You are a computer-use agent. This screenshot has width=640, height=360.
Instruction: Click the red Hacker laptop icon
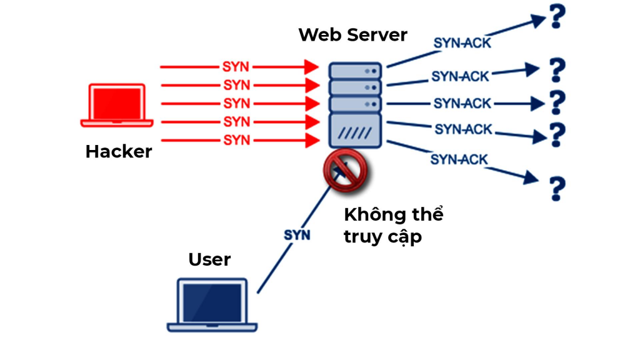[117, 106]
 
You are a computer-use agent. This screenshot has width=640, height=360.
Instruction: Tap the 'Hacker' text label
[119, 151]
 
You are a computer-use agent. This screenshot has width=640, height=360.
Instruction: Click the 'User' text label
[209, 259]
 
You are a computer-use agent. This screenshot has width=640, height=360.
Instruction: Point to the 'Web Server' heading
[352, 34]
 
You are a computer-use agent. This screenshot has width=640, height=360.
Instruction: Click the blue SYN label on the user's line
[297, 235]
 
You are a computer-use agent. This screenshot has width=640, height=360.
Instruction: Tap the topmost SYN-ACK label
[463, 42]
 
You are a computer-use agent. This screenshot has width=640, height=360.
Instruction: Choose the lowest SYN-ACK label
[459, 160]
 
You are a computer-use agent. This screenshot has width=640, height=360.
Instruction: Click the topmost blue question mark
[556, 17]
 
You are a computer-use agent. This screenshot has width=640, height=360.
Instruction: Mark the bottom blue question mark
[556, 188]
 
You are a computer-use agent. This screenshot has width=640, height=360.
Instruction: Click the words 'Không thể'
[393, 214]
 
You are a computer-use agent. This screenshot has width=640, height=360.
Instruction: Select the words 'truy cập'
[382, 237]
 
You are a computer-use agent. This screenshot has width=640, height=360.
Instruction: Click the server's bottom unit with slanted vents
[355, 130]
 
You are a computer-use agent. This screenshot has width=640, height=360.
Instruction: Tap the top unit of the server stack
[355, 71]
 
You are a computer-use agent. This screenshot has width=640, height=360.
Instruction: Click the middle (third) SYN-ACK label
[462, 103]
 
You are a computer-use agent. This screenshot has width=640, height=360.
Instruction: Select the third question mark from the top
[556, 102]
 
